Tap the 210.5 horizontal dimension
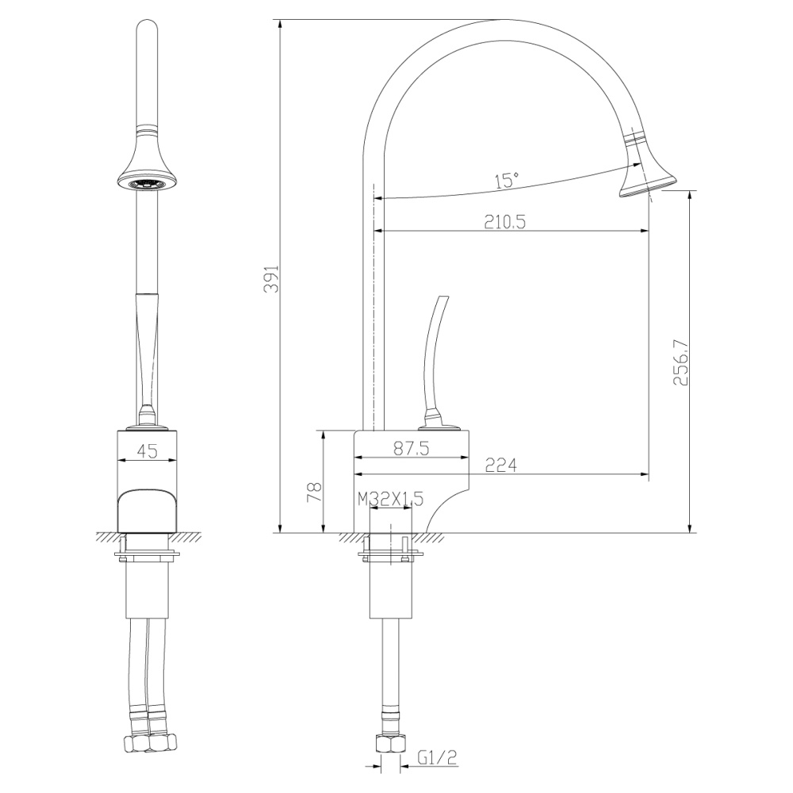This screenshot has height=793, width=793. (x=504, y=222)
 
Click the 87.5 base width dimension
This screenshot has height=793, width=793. (x=412, y=449)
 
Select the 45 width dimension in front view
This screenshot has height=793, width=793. (x=147, y=450)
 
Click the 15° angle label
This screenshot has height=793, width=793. (x=507, y=180)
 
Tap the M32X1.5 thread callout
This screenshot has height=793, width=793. (x=391, y=499)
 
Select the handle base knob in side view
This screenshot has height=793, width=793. (x=433, y=421)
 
